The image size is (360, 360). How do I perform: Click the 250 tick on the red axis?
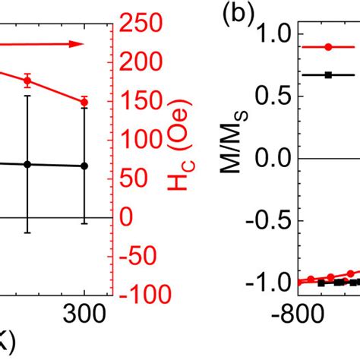pyautogui.click(x=145, y=24)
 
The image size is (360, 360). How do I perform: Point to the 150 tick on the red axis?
pyautogui.click(x=145, y=101)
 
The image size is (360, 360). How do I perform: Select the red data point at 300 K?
pyautogui.click(x=84, y=102)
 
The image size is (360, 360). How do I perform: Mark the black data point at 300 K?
pyautogui.click(x=84, y=166)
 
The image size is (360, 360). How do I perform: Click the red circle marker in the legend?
pyautogui.click(x=328, y=47)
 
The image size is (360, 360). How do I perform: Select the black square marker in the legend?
pyautogui.click(x=328, y=74)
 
